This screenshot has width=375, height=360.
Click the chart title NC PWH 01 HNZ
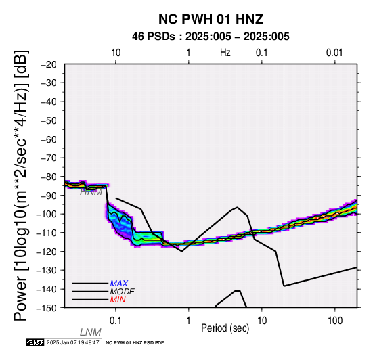pos(211,19)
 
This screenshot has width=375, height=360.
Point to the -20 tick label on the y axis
pos(49,64)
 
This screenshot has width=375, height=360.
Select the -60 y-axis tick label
pos(49,139)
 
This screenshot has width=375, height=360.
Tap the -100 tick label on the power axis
pos(46,214)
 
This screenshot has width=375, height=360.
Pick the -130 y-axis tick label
pos(46,270)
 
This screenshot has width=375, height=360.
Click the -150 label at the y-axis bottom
pos(46,308)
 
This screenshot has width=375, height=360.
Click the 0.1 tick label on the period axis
pos(116,321)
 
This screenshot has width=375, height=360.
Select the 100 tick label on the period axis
pos(335,321)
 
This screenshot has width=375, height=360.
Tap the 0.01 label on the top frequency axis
pos(334,53)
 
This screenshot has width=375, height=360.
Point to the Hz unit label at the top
pos(225,53)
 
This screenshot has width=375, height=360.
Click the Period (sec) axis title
pos(225,328)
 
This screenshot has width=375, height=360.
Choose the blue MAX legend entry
pos(119,284)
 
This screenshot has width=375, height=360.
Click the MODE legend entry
pos(123,292)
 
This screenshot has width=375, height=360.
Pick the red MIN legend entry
pos(118,300)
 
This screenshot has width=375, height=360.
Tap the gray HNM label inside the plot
pos(91,192)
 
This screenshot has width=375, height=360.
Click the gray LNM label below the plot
pos(91,332)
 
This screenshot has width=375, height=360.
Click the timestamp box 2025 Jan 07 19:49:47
pos(73,342)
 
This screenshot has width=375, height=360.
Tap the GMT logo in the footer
pos(35,342)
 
